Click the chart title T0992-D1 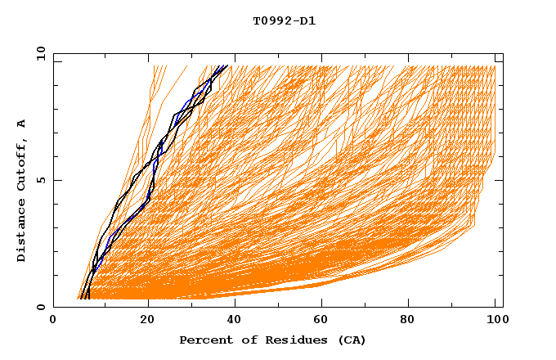click(285, 21)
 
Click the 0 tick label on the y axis click(40, 308)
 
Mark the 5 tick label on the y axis click(40, 180)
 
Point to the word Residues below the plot click(290, 340)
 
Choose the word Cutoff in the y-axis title click(22, 166)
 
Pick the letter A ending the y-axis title click(22, 124)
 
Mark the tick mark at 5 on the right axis click(500, 180)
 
